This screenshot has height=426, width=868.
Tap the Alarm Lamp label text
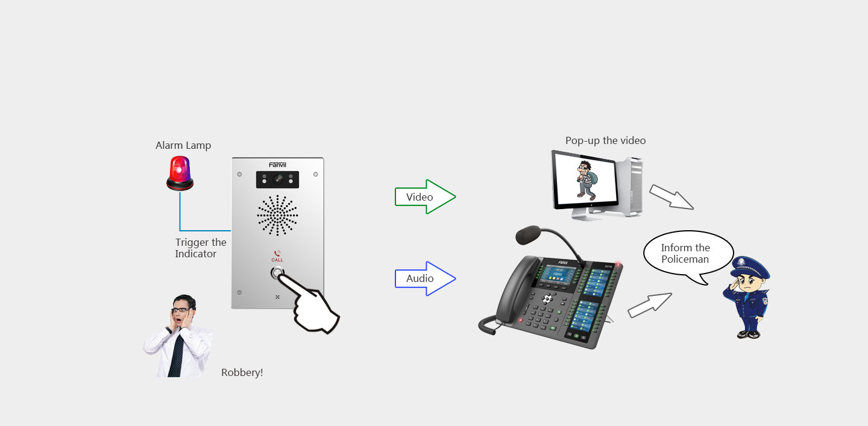(x=183, y=145)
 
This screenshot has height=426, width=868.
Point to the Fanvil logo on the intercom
(x=277, y=164)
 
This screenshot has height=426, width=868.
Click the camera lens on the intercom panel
(x=278, y=179)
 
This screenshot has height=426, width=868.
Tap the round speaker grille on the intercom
(x=277, y=215)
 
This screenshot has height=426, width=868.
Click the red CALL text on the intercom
(x=277, y=260)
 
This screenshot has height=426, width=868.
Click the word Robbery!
(x=242, y=372)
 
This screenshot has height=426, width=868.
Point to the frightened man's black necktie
(x=177, y=356)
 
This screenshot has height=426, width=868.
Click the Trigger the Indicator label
(x=200, y=248)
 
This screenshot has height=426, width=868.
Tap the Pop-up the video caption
(x=605, y=140)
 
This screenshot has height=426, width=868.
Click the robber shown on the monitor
(x=585, y=179)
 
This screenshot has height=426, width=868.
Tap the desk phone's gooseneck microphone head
(x=528, y=234)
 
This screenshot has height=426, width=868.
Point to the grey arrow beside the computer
(x=671, y=197)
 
